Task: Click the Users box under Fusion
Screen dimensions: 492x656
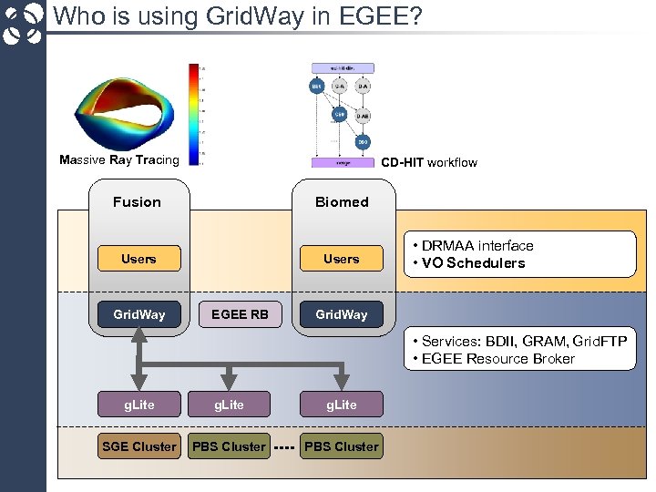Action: (x=138, y=260)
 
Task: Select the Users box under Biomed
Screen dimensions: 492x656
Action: (x=342, y=260)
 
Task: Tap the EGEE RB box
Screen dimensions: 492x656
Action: (x=240, y=314)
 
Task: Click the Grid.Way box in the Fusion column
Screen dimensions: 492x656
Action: (x=138, y=314)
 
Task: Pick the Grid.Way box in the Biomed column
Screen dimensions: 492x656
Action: (x=342, y=314)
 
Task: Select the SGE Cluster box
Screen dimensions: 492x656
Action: (x=138, y=446)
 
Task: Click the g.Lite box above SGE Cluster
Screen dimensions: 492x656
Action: (x=138, y=405)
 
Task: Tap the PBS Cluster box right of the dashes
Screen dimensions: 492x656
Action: (x=341, y=446)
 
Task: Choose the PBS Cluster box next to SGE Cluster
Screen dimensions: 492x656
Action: (x=229, y=446)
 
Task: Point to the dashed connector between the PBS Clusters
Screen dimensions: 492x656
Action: (x=284, y=447)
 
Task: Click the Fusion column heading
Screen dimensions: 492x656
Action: (x=137, y=202)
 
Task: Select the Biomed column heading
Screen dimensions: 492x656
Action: (x=342, y=202)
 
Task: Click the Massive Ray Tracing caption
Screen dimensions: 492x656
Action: (x=119, y=160)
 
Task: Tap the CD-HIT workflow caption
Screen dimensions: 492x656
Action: (x=428, y=162)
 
